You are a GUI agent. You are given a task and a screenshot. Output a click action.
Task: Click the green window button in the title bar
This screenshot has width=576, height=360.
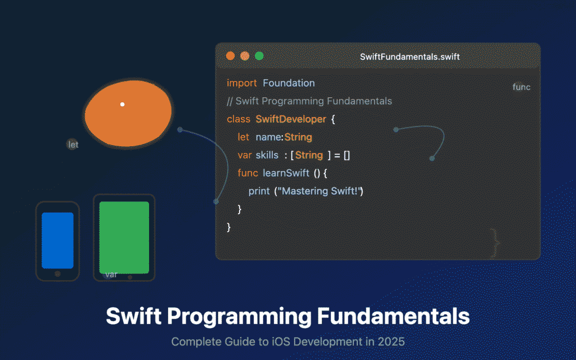pos(259,56)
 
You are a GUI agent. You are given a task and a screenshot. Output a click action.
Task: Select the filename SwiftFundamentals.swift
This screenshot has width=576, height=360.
pos(409,57)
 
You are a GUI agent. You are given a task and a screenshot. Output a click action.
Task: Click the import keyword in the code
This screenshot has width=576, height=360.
pos(241,83)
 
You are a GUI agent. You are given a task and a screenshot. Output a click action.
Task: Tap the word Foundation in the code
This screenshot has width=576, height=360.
pos(289,83)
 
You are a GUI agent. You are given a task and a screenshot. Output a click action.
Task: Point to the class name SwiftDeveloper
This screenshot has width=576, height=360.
pos(290,119)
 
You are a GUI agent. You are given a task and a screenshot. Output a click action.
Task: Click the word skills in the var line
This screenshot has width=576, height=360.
pos(267,155)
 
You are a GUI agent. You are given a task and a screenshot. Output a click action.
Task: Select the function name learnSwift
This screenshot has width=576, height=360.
pos(286,173)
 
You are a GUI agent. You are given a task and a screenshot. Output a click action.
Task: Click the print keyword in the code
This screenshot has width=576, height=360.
pos(259,191)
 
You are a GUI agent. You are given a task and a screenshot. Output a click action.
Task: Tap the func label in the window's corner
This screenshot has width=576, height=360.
pos(521,87)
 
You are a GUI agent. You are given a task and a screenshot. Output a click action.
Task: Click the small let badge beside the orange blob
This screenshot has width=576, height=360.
pos(73,145)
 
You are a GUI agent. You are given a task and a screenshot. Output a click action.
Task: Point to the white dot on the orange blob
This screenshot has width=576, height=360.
pos(122,104)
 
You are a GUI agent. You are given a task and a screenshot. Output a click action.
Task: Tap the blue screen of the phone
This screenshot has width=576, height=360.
pos(57,240)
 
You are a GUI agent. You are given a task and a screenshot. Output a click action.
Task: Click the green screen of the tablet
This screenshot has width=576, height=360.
pos(124,237)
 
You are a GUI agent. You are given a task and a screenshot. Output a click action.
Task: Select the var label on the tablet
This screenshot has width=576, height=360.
pos(111,274)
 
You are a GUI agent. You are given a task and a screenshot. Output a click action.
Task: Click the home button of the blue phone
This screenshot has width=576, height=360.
pos(57,274)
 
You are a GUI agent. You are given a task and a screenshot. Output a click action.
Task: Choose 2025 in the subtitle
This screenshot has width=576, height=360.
pos(393,341)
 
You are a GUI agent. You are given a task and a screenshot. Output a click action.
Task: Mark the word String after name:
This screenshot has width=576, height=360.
pos(298,137)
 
